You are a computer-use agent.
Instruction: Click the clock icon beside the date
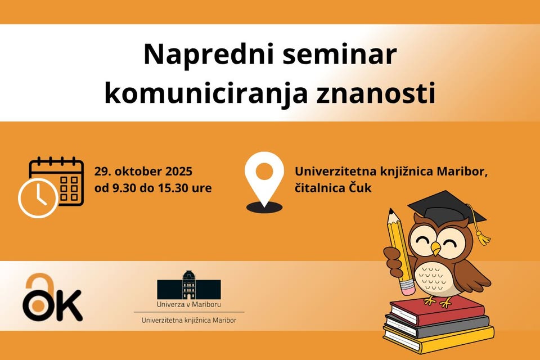(38, 199)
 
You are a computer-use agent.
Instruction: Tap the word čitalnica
(319, 188)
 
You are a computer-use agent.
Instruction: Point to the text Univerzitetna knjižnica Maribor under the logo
(189, 320)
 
